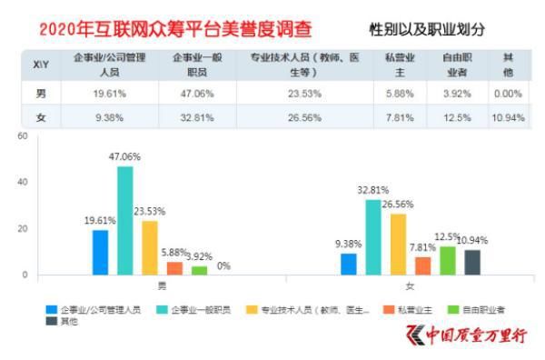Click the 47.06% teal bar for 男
(124, 220)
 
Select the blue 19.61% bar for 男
(100, 252)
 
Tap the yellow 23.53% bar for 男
(149, 247)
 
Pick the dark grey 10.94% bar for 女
(471, 262)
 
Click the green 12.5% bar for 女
(447, 260)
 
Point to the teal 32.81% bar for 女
(372, 236)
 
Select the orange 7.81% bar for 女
(422, 265)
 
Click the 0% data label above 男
(223, 265)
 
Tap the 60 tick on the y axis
(23, 136)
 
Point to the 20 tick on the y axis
(23, 229)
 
